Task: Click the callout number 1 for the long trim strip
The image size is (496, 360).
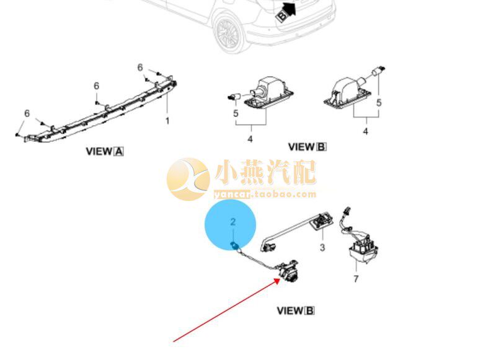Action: [x=167, y=120]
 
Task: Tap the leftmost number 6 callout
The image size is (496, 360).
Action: [x=27, y=113]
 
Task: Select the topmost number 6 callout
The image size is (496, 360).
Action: [x=140, y=68]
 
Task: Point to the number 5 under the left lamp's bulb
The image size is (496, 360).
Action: [x=236, y=113]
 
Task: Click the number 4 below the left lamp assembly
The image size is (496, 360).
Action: [x=250, y=139]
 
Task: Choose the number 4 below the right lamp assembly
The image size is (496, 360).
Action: [x=365, y=131]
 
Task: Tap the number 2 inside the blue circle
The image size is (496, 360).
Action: [x=233, y=221]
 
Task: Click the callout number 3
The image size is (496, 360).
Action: [x=322, y=248]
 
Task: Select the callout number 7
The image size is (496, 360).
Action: [x=356, y=279]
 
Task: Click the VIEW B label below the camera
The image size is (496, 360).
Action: [x=296, y=310]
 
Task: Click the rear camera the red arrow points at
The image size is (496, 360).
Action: [x=290, y=270]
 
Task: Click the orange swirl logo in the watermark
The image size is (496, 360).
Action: [x=188, y=178]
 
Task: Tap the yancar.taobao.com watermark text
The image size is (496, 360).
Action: [x=265, y=194]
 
